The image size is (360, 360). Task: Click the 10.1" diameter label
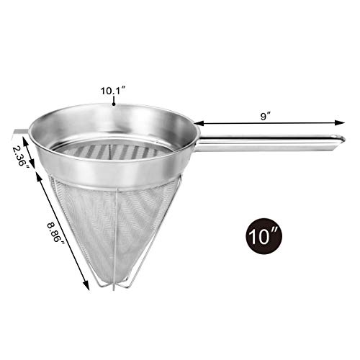114,91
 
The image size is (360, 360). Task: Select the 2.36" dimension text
19,153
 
